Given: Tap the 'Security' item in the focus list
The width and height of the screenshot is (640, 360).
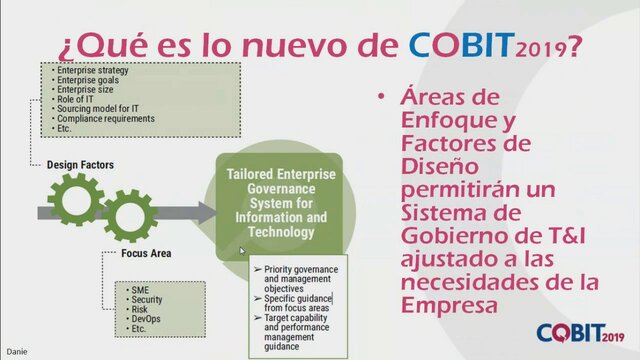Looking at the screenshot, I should tap(146, 298).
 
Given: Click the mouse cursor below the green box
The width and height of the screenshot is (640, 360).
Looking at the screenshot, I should tap(244, 251).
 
